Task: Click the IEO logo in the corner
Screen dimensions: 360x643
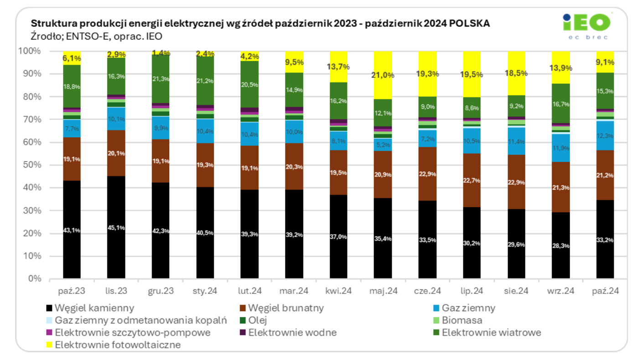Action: pyautogui.click(x=587, y=26)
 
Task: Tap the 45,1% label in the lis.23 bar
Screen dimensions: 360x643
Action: pyautogui.click(x=116, y=230)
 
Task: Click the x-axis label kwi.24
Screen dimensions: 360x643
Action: pyautogui.click(x=339, y=290)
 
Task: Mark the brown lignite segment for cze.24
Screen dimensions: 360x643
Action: pyautogui.click(x=427, y=174)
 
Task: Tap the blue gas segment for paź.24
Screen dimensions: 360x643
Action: pyautogui.click(x=605, y=135)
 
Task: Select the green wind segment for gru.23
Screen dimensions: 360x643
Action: pyautogui.click(x=161, y=79)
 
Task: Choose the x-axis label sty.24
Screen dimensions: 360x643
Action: pyautogui.click(x=205, y=290)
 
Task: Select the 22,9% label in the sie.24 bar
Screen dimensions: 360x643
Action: pyautogui.click(x=517, y=182)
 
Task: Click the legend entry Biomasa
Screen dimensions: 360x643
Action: pyautogui.click(x=462, y=320)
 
